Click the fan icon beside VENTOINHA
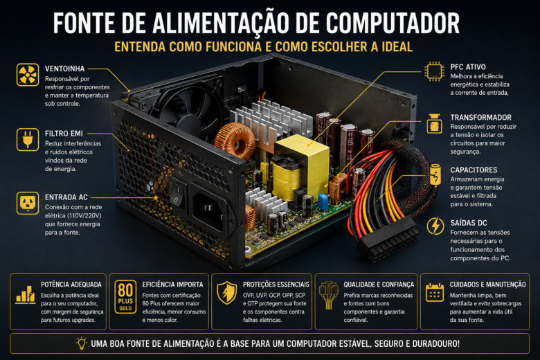[x=28, y=74]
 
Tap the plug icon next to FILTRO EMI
[x=28, y=140]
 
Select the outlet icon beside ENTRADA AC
[x=28, y=204]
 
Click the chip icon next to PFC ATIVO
[x=434, y=71]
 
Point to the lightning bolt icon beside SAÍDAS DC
[x=435, y=226]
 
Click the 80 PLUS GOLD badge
[x=125, y=296]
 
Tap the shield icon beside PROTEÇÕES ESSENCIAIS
[x=226, y=292]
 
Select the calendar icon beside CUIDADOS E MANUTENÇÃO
[x=434, y=292]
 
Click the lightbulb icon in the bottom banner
[x=81, y=343]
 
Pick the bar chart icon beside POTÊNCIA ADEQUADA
[x=26, y=295]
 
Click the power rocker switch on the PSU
[x=177, y=195]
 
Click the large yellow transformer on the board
[x=300, y=168]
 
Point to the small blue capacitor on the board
[x=323, y=201]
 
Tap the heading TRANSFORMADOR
[x=480, y=118]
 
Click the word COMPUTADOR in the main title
[x=393, y=23]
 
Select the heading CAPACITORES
[x=474, y=170]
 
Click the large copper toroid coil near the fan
[x=235, y=141]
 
